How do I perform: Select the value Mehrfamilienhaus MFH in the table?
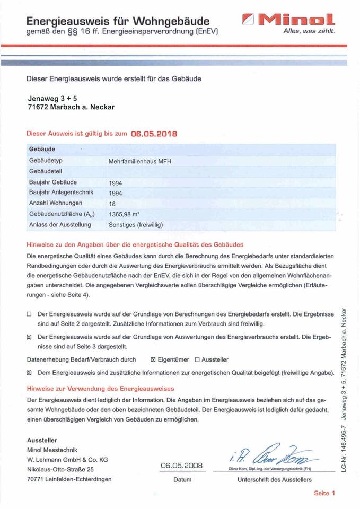point(140,161)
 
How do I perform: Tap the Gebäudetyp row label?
point(46,160)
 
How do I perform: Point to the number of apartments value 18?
point(112,204)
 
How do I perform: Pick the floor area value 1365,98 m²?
point(127,214)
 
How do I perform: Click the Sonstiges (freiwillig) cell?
point(136,225)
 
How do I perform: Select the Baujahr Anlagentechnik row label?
point(60,192)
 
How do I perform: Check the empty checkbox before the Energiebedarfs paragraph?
point(30,314)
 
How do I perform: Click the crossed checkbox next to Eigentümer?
point(154,359)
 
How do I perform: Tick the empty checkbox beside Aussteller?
point(197,359)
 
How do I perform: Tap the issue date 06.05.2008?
point(182,466)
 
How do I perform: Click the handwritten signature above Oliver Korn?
point(270,455)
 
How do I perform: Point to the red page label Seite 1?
point(324,493)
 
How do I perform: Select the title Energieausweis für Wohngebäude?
point(118,22)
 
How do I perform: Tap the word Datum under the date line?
point(182,480)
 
